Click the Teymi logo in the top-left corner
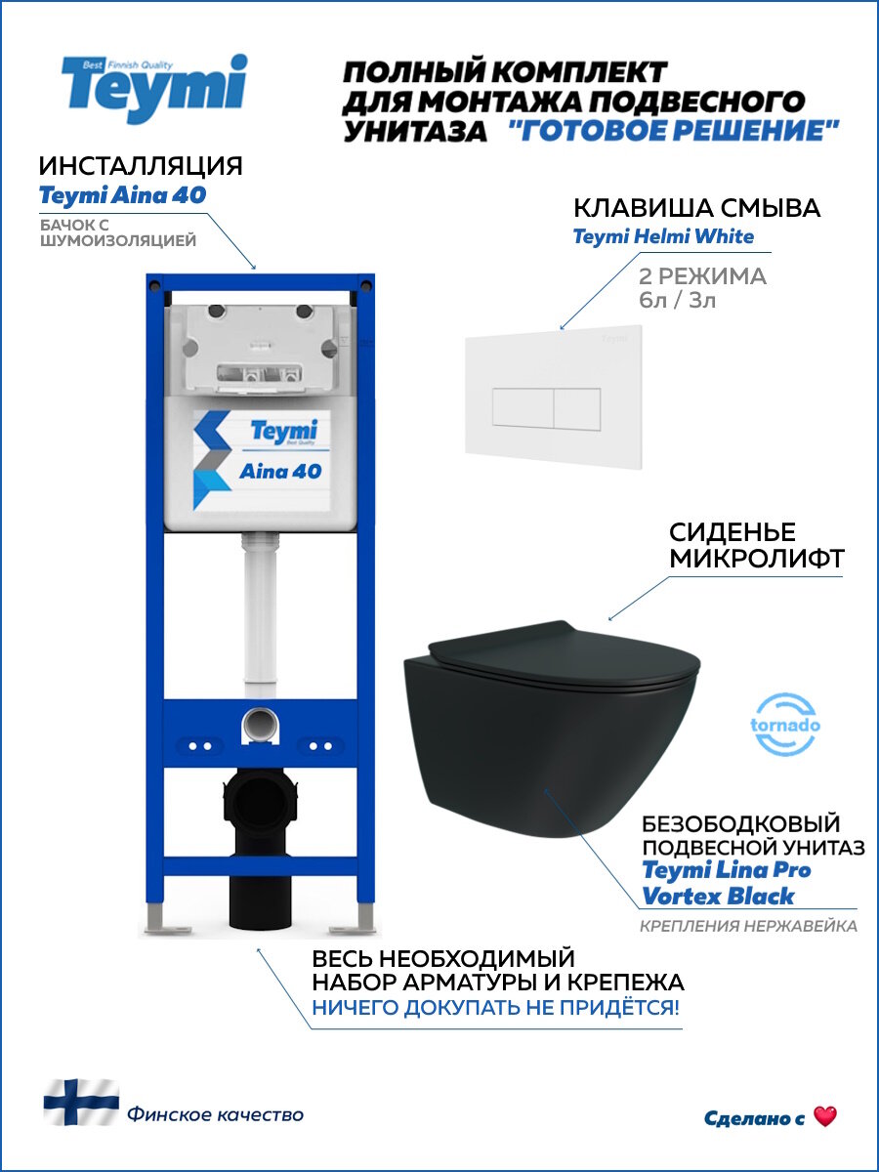(154, 90)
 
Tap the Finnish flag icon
(81, 1103)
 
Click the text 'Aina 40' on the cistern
(280, 471)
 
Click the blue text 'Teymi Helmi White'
(663, 236)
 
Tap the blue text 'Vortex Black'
(719, 897)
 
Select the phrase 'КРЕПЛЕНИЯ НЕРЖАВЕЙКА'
(748, 926)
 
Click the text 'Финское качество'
(215, 1114)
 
